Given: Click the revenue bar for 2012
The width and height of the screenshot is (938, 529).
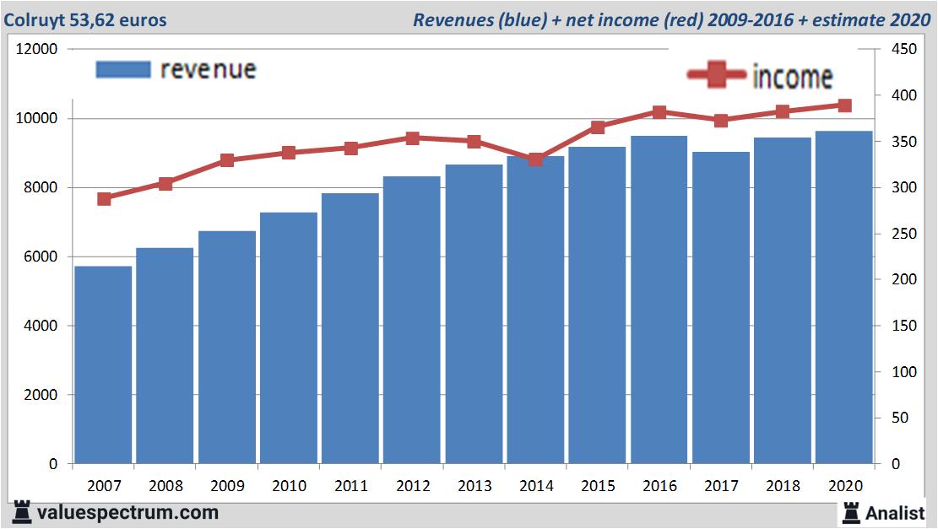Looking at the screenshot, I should pos(412,320).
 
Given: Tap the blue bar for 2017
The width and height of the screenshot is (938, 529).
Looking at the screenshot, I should pos(720,307).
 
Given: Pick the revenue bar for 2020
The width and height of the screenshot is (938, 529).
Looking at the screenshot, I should pos(843,297).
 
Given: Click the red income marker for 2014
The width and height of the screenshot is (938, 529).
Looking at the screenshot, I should pos(535,159).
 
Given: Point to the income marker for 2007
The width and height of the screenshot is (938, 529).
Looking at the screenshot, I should pos(104,199).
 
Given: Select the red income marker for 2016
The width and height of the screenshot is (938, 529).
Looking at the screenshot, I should pos(659,111).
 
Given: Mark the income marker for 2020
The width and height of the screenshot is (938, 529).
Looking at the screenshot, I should pos(844,105).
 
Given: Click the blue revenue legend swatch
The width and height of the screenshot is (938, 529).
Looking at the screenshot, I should pos(123,69).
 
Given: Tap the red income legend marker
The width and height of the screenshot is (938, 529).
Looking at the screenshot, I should pos(718,76).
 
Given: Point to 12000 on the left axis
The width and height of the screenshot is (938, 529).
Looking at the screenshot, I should pos(37,49).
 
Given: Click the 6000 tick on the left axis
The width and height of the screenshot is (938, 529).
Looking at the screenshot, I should pos(41,256).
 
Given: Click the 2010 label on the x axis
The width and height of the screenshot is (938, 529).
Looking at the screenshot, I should pos(289,485).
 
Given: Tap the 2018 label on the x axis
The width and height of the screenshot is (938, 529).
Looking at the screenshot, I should pos(782,485).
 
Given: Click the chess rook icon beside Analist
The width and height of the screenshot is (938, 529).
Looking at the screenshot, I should pos(850,512).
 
